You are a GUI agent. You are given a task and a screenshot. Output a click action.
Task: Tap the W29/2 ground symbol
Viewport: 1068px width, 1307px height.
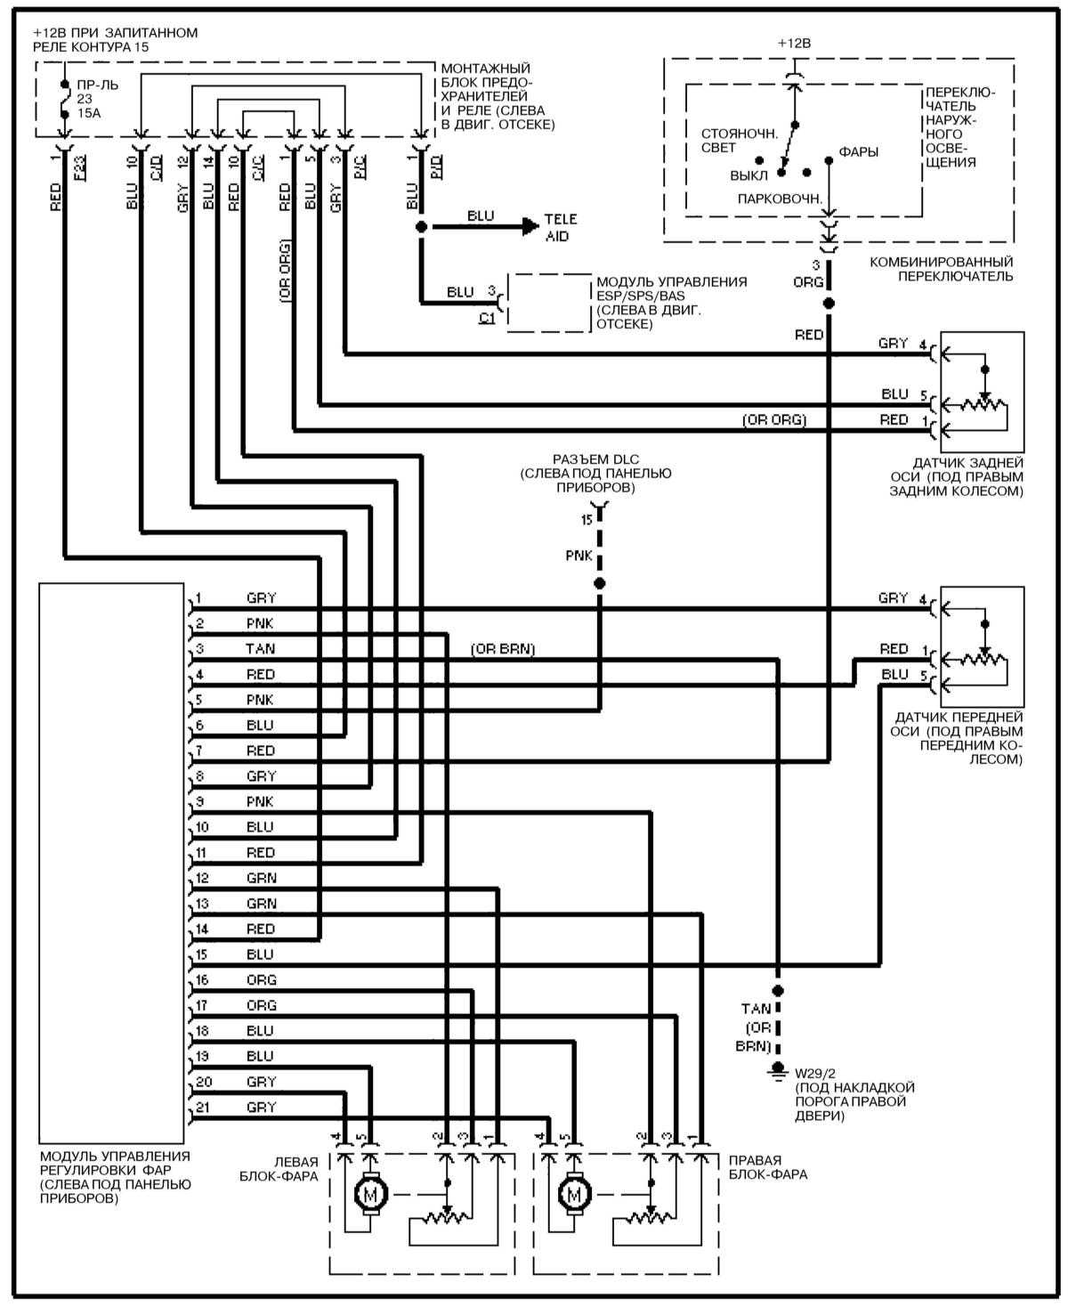click(778, 1068)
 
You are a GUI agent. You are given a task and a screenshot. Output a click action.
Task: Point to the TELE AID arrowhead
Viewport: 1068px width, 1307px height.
click(530, 227)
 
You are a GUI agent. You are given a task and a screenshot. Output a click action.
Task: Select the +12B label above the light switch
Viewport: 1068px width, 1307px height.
click(794, 43)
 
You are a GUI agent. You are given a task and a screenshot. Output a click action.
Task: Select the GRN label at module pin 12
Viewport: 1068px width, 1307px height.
click(262, 878)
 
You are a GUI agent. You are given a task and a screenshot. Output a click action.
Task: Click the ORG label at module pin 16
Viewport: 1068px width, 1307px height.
click(262, 980)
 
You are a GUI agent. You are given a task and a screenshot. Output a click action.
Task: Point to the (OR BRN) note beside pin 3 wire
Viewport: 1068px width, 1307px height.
click(503, 649)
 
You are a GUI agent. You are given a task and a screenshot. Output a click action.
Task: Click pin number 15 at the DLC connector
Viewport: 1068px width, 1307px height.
click(586, 518)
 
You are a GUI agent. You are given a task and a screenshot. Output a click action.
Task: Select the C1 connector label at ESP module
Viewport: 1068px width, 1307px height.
click(487, 317)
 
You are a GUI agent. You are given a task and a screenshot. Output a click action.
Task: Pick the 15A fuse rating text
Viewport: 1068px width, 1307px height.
click(89, 114)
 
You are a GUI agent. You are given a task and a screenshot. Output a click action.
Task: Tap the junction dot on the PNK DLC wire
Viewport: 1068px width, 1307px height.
click(599, 583)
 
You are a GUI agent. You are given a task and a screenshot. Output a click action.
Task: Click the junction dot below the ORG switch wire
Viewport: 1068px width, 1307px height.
click(829, 304)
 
